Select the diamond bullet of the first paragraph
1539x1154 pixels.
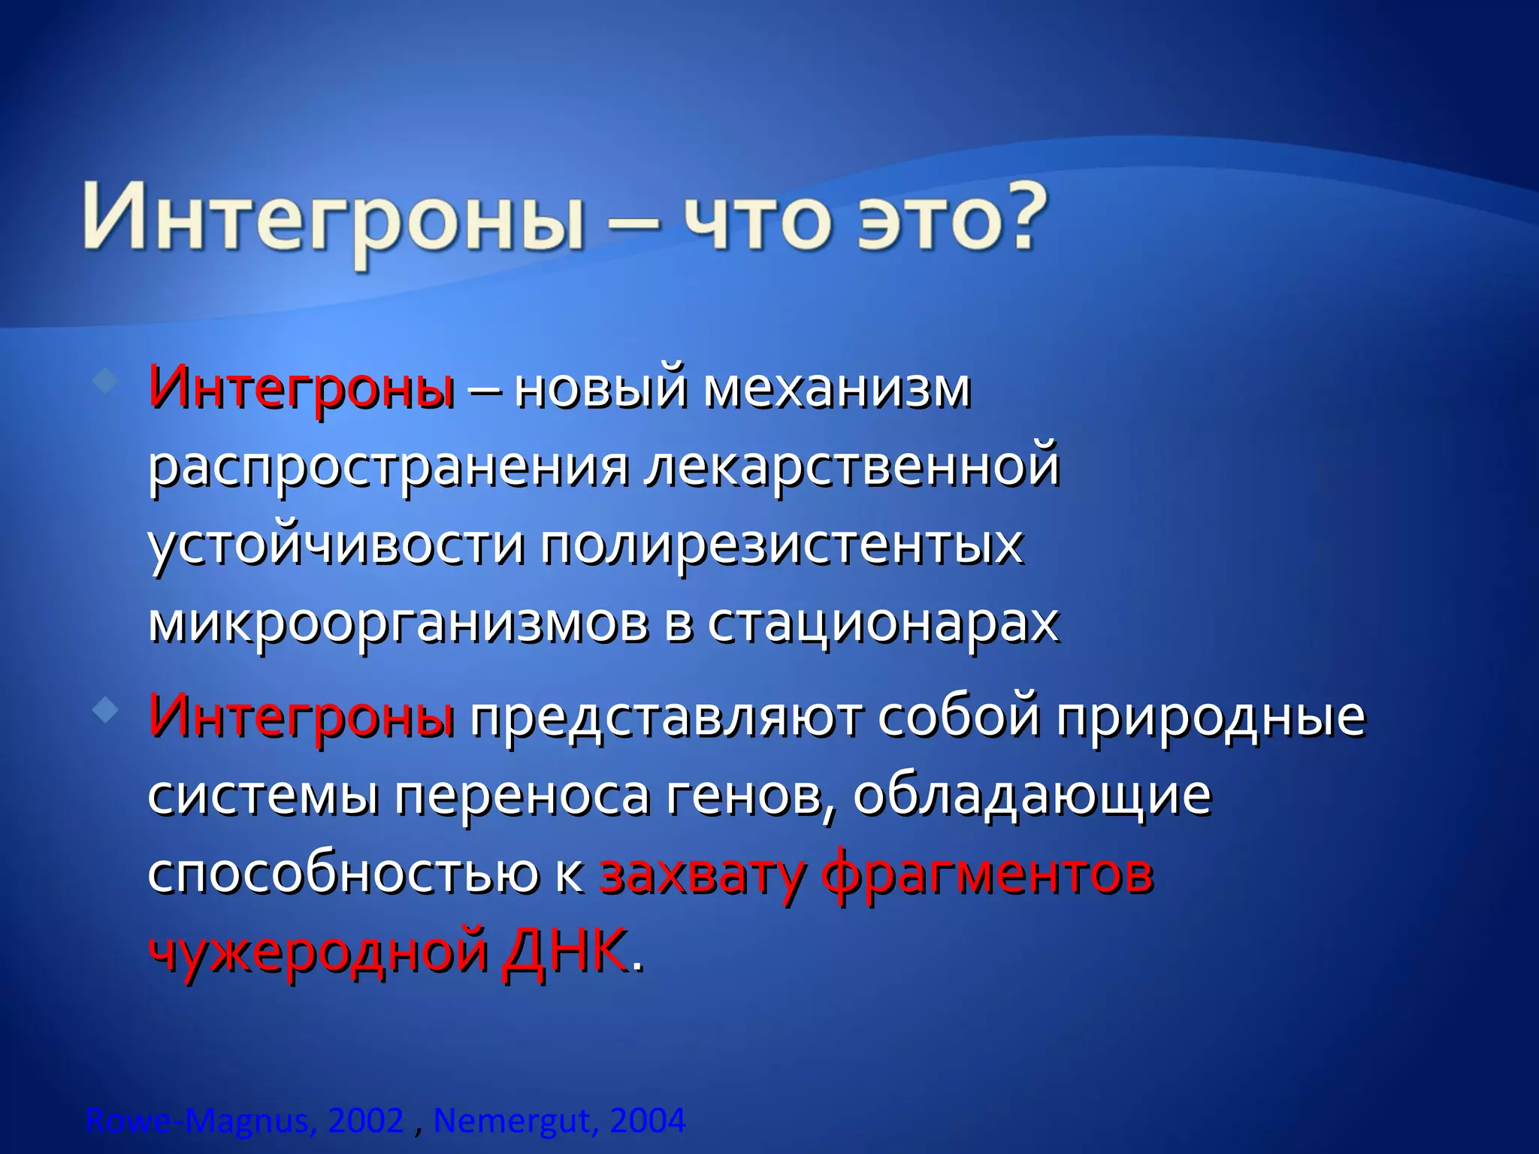click(x=104, y=381)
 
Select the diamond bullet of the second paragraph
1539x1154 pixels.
click(x=104, y=709)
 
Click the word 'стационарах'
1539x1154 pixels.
click(x=883, y=624)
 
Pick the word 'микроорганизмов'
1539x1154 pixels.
click(x=398, y=624)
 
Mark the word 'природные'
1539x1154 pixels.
click(x=1211, y=717)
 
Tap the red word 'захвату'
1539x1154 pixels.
click(x=702, y=875)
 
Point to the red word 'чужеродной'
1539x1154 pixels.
click(x=319, y=953)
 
